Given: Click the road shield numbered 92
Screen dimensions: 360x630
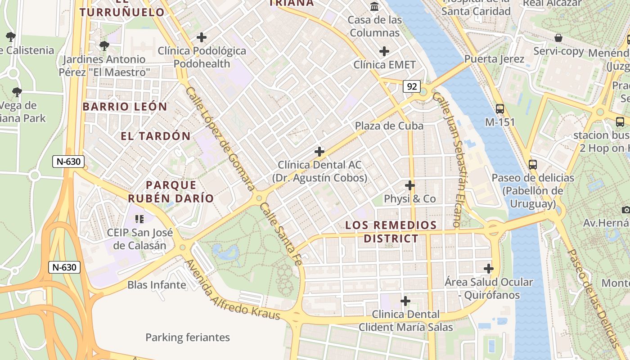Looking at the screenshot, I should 411,86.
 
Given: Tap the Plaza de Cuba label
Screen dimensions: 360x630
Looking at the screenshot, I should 389,126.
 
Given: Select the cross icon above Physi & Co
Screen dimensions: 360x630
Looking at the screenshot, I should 409,185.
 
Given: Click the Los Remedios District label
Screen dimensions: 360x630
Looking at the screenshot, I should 391,231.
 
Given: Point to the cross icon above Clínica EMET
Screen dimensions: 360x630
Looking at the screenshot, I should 384,51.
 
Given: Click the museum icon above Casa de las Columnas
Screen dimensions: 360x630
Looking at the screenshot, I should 374,7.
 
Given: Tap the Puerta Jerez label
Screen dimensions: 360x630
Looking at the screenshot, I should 494,59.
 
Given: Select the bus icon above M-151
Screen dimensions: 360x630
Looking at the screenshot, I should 499,108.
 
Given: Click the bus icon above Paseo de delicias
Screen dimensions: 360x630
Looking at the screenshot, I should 533,164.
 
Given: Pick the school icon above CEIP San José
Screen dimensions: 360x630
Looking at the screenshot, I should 139,219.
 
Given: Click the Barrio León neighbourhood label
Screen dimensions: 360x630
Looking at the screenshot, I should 125,107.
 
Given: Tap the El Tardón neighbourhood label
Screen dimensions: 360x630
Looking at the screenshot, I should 156,136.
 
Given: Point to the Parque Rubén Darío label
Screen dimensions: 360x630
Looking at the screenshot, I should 171,191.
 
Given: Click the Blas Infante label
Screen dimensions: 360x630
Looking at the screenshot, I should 157,285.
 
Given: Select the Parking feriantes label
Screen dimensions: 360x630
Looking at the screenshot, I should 188,337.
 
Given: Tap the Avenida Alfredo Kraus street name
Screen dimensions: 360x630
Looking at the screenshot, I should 233,290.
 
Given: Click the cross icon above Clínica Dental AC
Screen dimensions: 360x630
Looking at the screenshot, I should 319,152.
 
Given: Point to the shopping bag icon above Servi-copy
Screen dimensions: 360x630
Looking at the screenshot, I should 558,38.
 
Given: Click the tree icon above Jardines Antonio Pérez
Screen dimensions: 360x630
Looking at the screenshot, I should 104,45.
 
